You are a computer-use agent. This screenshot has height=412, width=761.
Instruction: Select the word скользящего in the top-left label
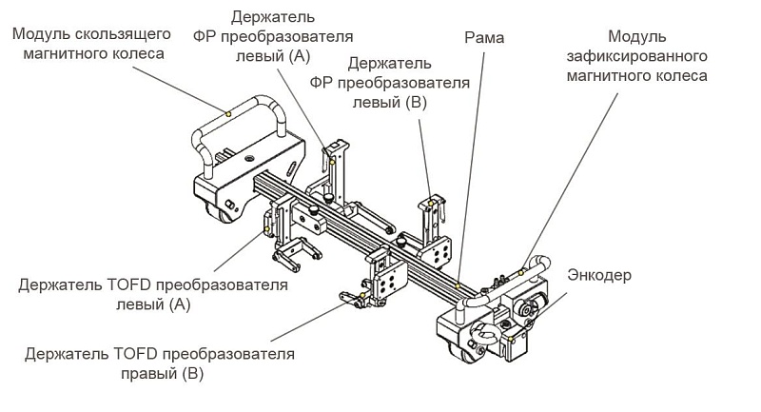[129, 33]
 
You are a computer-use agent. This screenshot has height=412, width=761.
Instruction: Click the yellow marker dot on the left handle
[227, 113]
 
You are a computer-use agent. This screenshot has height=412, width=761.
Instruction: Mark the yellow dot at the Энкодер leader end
[512, 338]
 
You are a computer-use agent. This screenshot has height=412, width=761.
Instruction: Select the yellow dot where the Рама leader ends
[458, 285]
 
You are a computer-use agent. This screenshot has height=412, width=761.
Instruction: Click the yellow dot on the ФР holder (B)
[433, 203]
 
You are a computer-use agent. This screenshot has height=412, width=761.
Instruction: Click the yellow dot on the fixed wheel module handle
[522, 273]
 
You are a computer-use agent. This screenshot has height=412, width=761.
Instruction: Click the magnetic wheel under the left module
[226, 216]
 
